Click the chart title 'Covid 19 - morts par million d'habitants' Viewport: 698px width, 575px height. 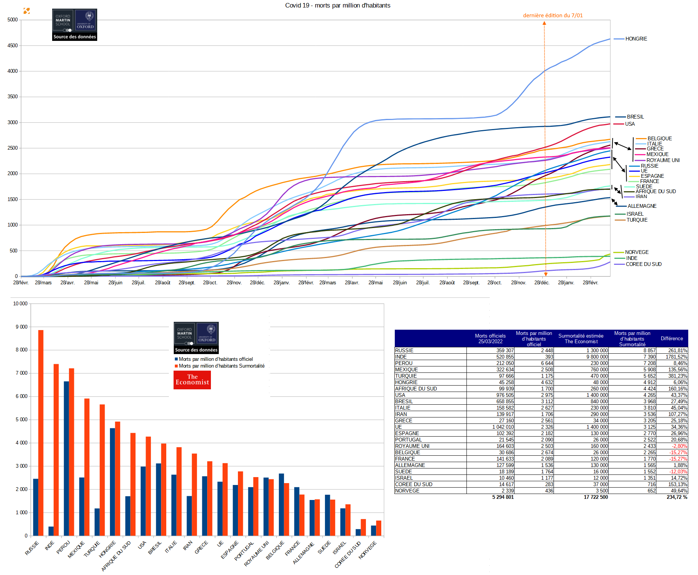(x=337, y=5)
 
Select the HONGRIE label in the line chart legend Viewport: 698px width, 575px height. (x=636, y=39)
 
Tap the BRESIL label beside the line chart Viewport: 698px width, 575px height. (x=635, y=117)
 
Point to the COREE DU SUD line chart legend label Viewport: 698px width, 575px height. (x=644, y=264)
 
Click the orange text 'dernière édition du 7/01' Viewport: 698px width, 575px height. (x=553, y=15)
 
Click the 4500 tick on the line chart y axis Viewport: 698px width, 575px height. (x=12, y=45)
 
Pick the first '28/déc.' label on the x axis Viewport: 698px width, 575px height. (x=257, y=282)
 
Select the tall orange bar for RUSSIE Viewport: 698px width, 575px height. (x=41, y=433)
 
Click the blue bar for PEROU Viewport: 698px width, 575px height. (x=66, y=458)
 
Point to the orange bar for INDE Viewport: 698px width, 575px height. (x=56, y=450)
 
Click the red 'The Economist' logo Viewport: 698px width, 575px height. (x=192, y=380)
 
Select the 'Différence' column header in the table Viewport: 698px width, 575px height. (x=672, y=338)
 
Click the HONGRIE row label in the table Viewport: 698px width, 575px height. (x=406, y=382)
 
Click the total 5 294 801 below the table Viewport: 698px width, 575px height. (x=503, y=497)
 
